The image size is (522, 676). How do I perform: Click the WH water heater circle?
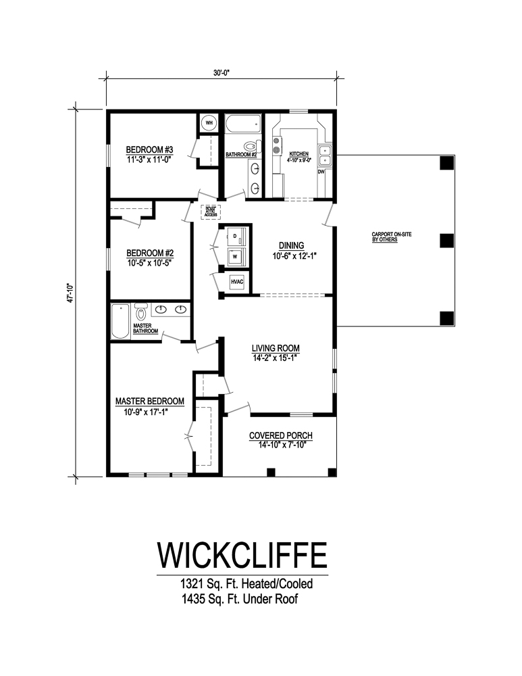(x=209, y=123)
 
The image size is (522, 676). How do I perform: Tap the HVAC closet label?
(x=237, y=281)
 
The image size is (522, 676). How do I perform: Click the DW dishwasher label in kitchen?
(x=321, y=172)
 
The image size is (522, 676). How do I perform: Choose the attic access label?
(x=209, y=211)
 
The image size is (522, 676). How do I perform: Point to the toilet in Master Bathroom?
(x=141, y=313)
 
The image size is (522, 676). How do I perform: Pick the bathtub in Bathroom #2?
(x=242, y=124)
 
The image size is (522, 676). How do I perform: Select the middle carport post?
(x=446, y=240)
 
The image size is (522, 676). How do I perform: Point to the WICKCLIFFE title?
(x=242, y=554)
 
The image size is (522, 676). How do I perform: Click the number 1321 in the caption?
(x=192, y=583)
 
